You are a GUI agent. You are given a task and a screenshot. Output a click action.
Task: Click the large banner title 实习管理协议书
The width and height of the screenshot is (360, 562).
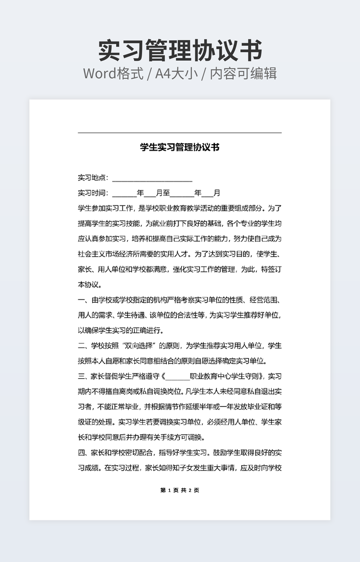(x=180, y=51)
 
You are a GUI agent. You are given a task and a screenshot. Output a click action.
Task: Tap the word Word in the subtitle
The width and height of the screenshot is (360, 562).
(x=99, y=73)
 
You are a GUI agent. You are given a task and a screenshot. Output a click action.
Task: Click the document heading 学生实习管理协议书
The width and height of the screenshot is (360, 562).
(x=180, y=147)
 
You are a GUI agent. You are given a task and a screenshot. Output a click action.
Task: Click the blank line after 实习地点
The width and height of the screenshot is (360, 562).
(x=152, y=178)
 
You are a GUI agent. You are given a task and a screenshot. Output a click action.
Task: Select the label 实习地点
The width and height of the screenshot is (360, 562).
(x=93, y=178)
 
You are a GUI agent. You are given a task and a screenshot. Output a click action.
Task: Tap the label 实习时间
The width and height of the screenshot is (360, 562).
(x=93, y=193)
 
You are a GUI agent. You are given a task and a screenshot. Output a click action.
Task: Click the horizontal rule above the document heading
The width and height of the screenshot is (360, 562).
(x=180, y=133)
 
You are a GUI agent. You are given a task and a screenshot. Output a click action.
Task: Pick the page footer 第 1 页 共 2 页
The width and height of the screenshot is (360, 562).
(x=180, y=490)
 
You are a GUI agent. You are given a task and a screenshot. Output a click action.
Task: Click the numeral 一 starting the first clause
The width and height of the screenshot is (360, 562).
(x=81, y=300)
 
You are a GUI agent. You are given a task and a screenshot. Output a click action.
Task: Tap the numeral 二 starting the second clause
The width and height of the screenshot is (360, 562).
(x=81, y=345)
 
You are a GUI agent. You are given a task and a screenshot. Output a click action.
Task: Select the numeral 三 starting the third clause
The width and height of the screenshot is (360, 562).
(x=81, y=376)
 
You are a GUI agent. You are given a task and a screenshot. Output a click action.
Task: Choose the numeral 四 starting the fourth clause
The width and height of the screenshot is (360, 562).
(x=81, y=453)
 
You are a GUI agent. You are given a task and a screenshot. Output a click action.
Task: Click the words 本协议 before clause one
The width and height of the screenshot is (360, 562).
(x=88, y=284)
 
